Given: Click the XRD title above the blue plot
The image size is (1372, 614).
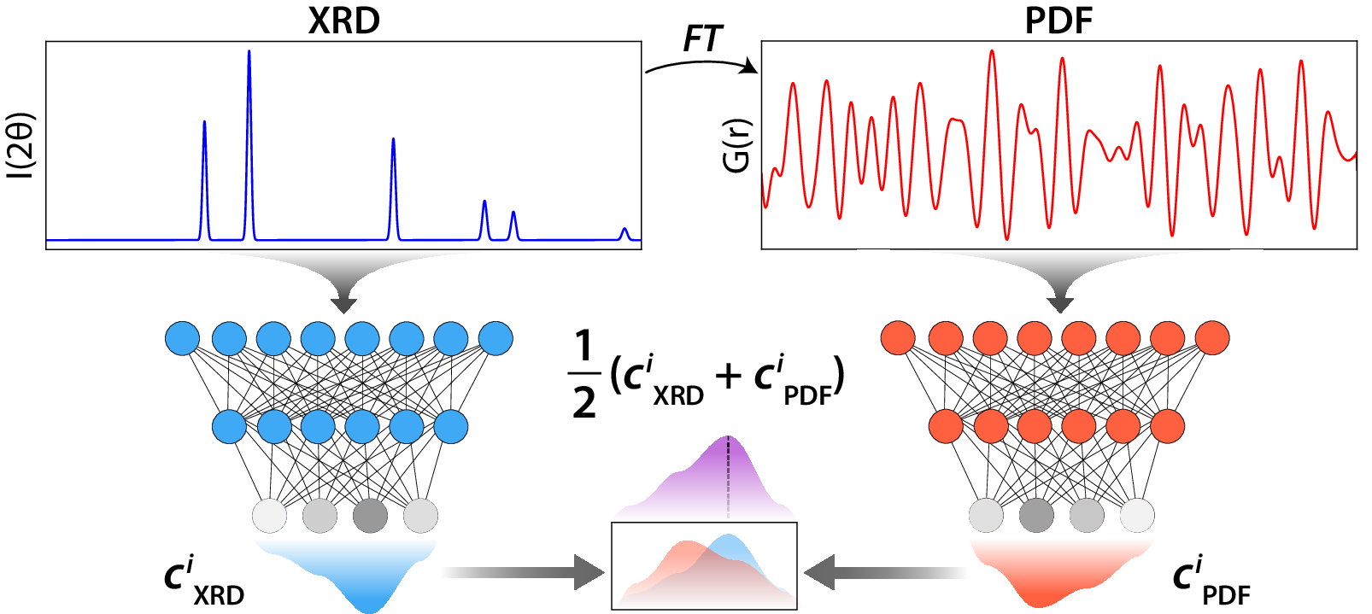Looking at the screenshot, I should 343,20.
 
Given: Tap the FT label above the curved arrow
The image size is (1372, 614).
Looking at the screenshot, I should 702,38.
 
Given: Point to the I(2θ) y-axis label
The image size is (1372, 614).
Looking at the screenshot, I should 21,146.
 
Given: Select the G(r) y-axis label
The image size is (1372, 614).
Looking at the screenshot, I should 736,146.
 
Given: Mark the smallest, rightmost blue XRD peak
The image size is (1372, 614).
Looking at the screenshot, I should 624,231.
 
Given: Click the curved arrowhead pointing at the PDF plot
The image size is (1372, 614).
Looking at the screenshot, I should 751,67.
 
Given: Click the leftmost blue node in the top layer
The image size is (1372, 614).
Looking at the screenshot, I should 182,339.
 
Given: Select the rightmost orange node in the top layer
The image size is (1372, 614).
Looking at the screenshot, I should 1212,339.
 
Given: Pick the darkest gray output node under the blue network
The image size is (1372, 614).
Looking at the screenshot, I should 370,516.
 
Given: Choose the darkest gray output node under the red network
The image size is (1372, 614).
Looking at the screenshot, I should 1036,516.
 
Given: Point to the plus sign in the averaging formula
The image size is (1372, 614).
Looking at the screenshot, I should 729,376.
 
